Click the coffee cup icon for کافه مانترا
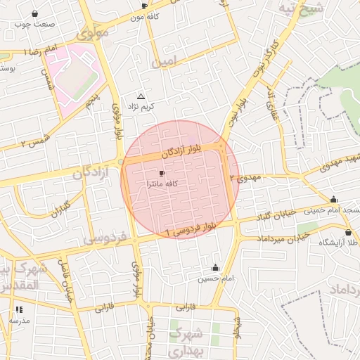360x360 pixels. point(162,173)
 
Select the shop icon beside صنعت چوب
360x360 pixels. point(35,13)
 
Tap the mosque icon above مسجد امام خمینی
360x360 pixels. point(333,199)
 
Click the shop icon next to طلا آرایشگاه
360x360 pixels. point(349,233)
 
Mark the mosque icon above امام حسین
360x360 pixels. point(215,267)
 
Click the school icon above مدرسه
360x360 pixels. point(18,309)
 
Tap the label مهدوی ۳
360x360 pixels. point(250,179)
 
